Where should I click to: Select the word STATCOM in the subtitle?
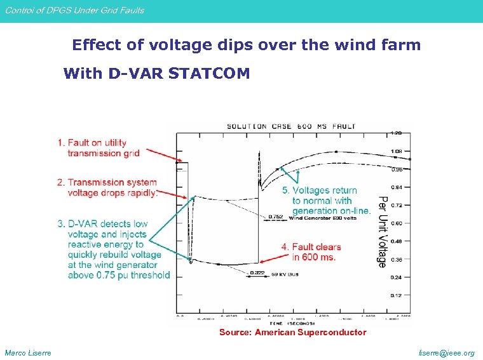pyautogui.click(x=210, y=74)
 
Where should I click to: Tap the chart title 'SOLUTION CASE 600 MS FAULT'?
pyautogui.click(x=292, y=127)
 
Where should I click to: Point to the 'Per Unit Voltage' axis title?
pyautogui.click(x=383, y=232)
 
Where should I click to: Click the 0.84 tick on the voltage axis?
pyautogui.click(x=397, y=187)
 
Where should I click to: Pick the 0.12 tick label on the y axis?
pyautogui.click(x=397, y=295)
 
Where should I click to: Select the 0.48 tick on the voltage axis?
pyautogui.click(x=397, y=241)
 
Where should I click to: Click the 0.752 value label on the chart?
pyautogui.click(x=275, y=217)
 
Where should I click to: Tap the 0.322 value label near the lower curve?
pyautogui.click(x=257, y=273)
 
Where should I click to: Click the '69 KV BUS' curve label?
pyautogui.click(x=284, y=274)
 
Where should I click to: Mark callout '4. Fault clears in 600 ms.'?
pyautogui.click(x=311, y=251)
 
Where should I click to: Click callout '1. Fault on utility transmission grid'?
pyautogui.click(x=99, y=148)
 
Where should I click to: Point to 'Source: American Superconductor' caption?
pyautogui.click(x=292, y=332)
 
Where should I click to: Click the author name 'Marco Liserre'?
pyautogui.click(x=29, y=353)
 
